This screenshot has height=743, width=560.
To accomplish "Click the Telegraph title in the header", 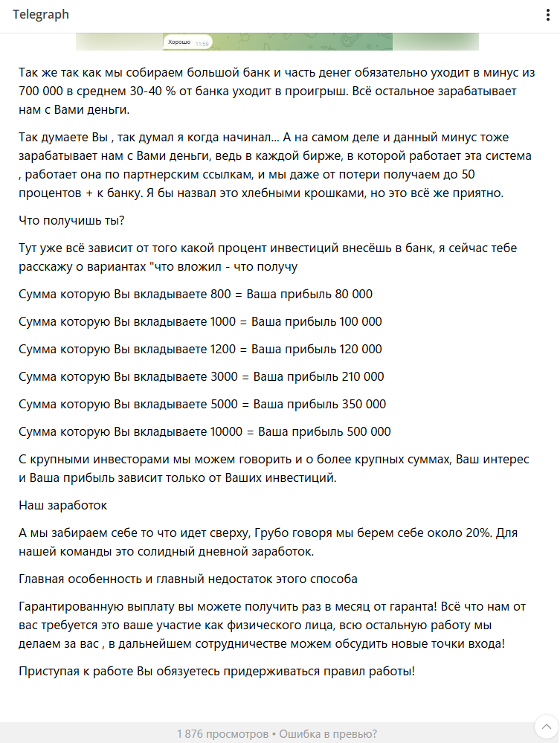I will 40,16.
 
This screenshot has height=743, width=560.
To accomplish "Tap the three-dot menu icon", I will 547,16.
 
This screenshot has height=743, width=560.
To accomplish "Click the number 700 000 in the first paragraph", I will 43,91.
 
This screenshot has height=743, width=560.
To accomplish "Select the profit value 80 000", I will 353,294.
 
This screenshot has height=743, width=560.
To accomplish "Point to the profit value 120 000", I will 361,349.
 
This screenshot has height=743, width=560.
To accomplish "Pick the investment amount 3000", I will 224,376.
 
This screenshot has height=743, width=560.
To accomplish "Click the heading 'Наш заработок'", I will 62,506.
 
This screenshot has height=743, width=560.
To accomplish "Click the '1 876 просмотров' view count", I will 222,734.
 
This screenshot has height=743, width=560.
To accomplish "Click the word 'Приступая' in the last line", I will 48,671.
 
